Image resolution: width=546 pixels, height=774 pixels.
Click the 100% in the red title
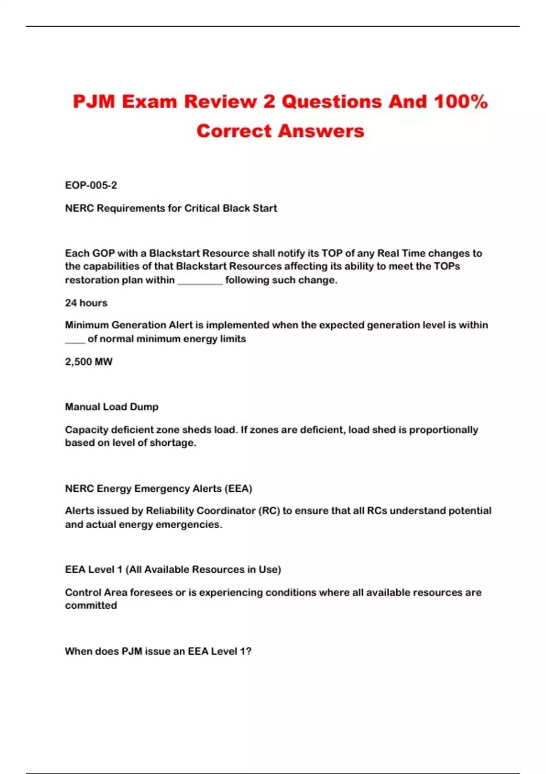[460, 102]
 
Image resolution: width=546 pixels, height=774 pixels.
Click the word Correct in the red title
[234, 131]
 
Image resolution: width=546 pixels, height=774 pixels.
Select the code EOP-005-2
[91, 185]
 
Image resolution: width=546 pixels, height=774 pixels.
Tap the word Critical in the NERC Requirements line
[202, 209]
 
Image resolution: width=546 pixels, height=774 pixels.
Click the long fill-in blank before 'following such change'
[200, 281]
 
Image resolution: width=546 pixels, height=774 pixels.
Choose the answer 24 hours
[86, 303]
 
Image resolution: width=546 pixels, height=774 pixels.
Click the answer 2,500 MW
[89, 362]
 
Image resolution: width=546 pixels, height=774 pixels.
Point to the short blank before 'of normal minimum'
[75, 340]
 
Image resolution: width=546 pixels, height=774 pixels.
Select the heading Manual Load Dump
[111, 407]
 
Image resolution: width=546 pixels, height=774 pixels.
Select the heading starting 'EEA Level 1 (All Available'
[173, 570]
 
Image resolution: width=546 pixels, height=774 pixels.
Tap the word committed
[91, 606]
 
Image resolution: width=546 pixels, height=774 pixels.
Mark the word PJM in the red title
[93, 102]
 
